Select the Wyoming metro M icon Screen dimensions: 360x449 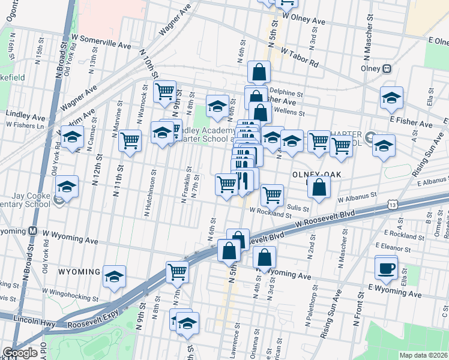(34, 231)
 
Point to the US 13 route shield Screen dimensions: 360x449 (392, 205)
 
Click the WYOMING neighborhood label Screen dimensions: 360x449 (78, 272)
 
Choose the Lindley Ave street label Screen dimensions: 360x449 (22, 113)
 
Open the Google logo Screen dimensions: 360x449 (20, 353)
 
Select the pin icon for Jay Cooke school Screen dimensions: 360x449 (59, 201)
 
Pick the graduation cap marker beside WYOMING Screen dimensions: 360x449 (114, 276)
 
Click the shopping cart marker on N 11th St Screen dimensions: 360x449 (130, 140)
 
